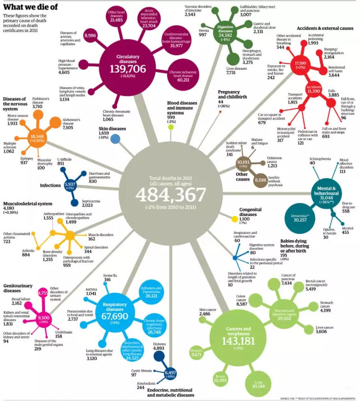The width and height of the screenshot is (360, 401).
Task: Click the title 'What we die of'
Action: [28, 7]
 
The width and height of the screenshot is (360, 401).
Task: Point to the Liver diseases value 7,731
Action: [234, 72]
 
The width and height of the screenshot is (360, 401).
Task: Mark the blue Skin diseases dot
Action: [115, 139]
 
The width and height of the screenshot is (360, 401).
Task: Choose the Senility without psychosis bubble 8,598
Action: [260, 180]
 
